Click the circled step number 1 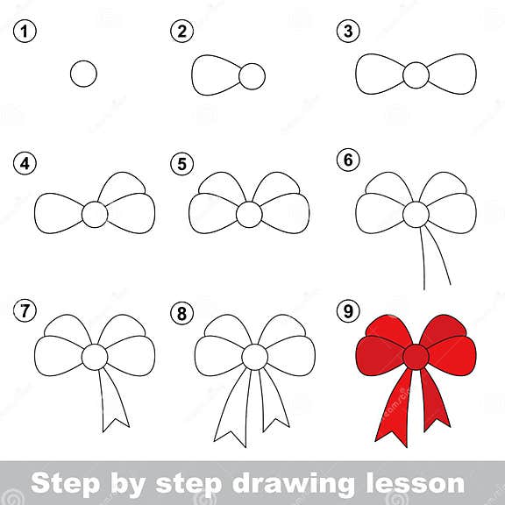click(x=24, y=32)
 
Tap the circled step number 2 click(x=181, y=32)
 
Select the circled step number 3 click(x=348, y=32)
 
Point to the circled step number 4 click(x=24, y=164)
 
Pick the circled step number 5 click(x=181, y=164)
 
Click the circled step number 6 click(x=348, y=160)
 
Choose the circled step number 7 click(x=24, y=310)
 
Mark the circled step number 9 click(x=348, y=310)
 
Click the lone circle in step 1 click(x=83, y=75)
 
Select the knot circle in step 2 click(x=252, y=76)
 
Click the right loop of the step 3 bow click(x=452, y=75)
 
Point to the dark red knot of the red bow click(x=416, y=357)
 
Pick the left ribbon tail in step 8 click(x=232, y=408)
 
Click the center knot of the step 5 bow click(x=249, y=214)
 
